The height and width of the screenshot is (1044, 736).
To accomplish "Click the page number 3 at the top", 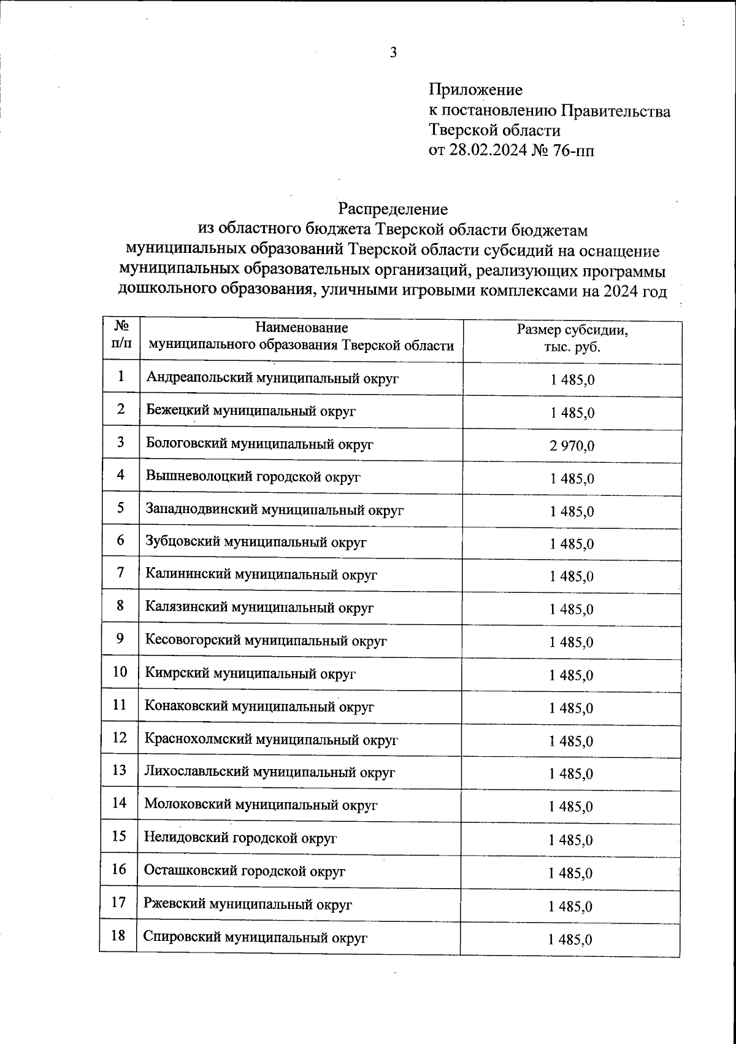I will pyautogui.click(x=394, y=53).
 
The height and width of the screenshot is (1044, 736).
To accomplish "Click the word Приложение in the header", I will pyautogui.click(x=475, y=90).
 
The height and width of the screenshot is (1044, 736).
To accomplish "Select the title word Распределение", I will pyautogui.click(x=393, y=209).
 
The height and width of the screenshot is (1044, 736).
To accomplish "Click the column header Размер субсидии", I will pyautogui.click(x=572, y=331).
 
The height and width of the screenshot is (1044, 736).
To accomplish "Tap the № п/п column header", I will pyautogui.click(x=121, y=335).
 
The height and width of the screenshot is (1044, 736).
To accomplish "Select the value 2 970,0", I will pyautogui.click(x=572, y=446).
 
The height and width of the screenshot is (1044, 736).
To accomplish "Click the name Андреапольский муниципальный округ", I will pyautogui.click(x=272, y=378).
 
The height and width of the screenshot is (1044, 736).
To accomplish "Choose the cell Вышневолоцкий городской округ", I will pyautogui.click(x=253, y=477).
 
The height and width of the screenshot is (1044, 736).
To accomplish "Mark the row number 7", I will pyautogui.click(x=121, y=573).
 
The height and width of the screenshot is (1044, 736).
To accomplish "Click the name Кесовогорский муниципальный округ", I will pyautogui.click(x=266, y=641).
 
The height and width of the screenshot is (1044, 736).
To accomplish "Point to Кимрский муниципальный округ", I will pyautogui.click(x=250, y=674).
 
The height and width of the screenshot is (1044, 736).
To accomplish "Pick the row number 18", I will pyautogui.click(x=119, y=935).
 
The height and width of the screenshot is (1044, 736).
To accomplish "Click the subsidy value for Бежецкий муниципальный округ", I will pyautogui.click(x=572, y=413).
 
